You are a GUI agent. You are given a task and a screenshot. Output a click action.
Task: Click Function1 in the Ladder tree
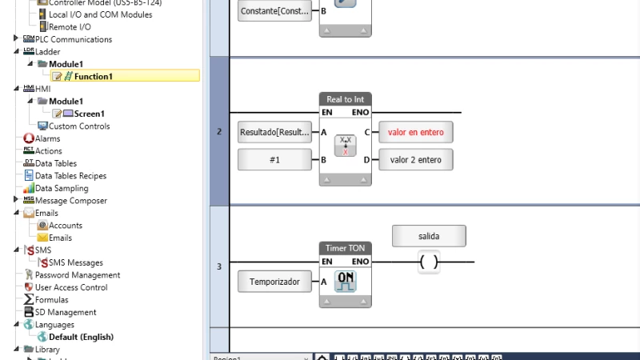94,76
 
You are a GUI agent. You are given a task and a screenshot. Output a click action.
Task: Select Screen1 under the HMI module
89,114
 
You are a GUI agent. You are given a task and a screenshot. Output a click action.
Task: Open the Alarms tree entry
47,138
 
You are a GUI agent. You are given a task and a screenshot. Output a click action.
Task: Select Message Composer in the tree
70,200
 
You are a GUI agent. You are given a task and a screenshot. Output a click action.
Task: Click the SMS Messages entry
76,262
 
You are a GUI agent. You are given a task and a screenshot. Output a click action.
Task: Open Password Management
78,274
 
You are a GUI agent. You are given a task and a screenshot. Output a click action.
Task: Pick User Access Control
71,287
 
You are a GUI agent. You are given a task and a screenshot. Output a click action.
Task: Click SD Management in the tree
66,312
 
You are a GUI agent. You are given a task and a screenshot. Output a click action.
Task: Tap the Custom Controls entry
79,126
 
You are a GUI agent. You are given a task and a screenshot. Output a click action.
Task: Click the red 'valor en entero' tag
416,132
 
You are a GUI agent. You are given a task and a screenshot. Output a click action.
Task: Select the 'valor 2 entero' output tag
416,160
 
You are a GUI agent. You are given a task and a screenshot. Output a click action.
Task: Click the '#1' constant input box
274,160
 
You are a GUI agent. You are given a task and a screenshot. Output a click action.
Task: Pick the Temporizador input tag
274,282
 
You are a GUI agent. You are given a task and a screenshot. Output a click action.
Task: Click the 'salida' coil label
429,236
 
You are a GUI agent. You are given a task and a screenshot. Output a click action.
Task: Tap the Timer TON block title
346,248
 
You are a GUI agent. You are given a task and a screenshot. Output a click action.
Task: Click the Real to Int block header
346,99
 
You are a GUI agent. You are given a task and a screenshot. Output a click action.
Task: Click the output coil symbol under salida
429,262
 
